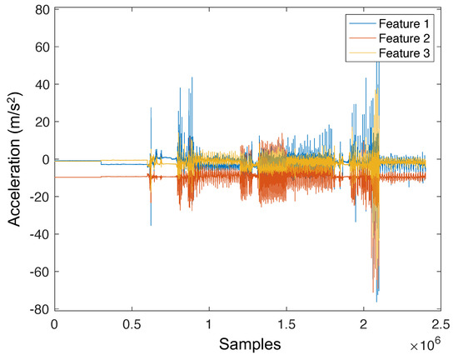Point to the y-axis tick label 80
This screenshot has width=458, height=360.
(x=39, y=10)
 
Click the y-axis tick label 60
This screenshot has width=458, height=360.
(x=39, y=47)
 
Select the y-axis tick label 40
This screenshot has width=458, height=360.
(x=39, y=84)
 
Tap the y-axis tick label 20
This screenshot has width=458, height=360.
(x=39, y=122)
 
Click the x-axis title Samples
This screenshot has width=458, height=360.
(x=247, y=343)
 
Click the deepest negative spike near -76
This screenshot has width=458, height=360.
(x=377, y=301)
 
